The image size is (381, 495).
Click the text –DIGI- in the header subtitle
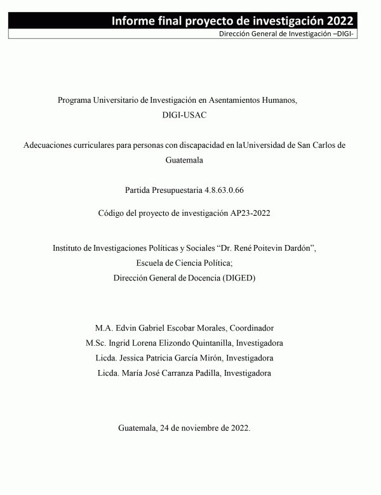(x=344, y=34)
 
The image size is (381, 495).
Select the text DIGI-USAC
(x=184, y=115)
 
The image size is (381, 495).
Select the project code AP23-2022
(x=251, y=213)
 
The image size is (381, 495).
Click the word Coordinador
(x=251, y=328)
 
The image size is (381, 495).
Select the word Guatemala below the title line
(x=184, y=161)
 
